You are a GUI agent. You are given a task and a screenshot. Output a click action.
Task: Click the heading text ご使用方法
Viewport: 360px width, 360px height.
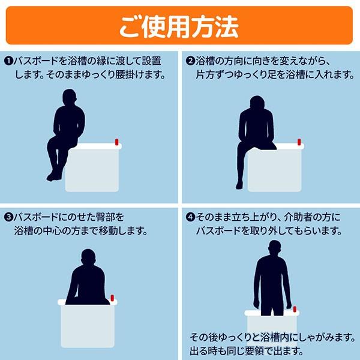coord(179,27)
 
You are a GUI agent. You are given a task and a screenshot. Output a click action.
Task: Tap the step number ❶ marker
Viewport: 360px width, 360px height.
coord(8,61)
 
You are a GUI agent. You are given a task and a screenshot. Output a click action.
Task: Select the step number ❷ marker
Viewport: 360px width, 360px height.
coord(190,61)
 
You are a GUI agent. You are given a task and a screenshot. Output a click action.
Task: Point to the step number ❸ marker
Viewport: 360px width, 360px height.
coord(8,217)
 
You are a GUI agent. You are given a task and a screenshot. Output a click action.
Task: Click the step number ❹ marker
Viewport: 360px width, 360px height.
coord(190,217)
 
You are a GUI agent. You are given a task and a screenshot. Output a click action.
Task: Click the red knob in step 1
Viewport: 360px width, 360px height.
coord(116,142)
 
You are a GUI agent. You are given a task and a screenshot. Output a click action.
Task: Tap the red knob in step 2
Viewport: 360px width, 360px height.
coord(299,142)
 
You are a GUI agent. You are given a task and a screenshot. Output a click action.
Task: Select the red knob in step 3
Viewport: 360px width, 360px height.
coord(112,298)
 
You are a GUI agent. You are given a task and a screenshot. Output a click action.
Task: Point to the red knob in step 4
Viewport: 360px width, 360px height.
coord(295,309)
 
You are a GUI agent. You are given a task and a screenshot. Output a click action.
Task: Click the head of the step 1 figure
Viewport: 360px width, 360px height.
coord(69,97)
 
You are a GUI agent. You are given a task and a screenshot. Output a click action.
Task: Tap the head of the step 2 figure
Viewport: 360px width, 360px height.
coord(257,103)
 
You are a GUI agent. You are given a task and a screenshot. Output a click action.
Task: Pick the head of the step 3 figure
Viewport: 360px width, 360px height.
coord(88,257)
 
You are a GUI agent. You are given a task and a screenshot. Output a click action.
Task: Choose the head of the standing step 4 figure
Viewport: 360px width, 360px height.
coord(275,248)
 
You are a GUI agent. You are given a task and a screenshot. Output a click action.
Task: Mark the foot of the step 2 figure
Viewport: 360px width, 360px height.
coord(239,185)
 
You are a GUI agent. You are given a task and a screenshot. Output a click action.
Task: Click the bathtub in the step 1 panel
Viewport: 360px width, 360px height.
coord(92,169)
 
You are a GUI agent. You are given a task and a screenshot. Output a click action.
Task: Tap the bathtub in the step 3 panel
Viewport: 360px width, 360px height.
coord(88,325)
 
